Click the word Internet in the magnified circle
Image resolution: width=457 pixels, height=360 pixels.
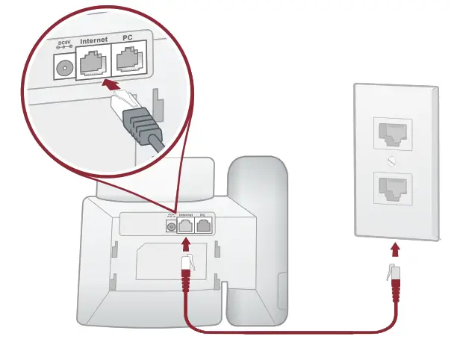coord(94,39)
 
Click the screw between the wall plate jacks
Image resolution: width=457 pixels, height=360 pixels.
coord(393,161)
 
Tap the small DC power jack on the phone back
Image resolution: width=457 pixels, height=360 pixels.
coord(171,226)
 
